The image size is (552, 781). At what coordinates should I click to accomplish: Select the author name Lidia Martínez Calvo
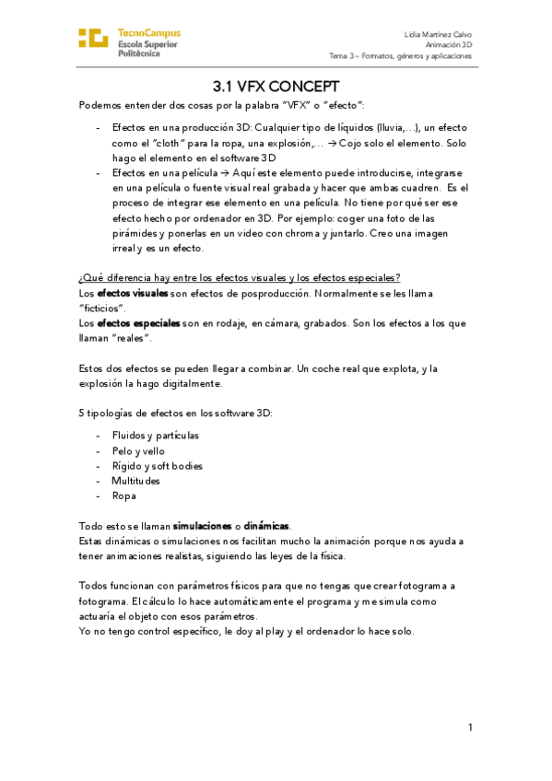click(x=439, y=33)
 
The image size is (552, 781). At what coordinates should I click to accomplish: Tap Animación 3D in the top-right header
click(x=449, y=44)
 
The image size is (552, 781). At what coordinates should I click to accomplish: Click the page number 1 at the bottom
click(x=469, y=728)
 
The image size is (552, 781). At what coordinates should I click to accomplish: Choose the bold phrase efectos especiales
click(x=138, y=323)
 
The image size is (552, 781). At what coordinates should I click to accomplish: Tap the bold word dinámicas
click(x=267, y=525)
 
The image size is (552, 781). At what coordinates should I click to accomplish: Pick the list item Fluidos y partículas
click(x=155, y=435)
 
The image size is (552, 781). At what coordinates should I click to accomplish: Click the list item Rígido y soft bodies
click(x=157, y=465)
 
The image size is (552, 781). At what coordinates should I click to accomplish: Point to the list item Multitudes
click(x=135, y=481)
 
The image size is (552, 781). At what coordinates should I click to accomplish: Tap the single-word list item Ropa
click(x=123, y=495)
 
